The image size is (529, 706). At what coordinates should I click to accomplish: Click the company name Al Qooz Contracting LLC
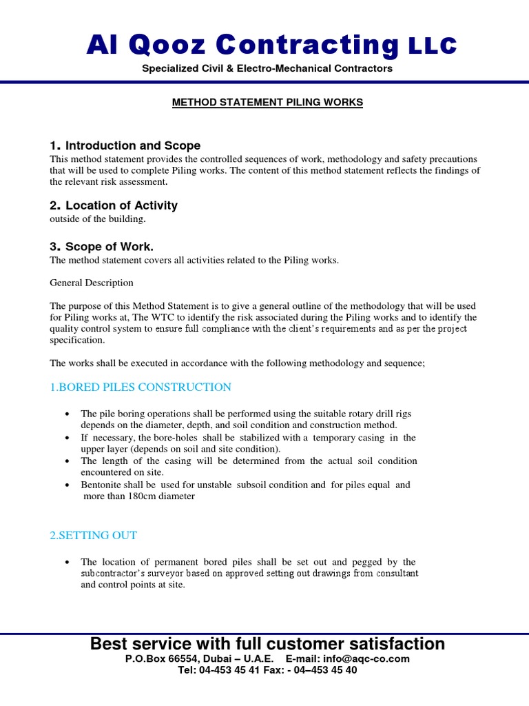(x=271, y=46)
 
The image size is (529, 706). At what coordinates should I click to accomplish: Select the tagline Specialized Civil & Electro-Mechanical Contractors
(x=267, y=69)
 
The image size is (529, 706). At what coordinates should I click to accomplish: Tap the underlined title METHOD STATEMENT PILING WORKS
(x=267, y=103)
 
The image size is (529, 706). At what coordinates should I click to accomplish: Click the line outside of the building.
(x=98, y=219)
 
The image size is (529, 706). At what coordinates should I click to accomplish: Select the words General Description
(x=92, y=283)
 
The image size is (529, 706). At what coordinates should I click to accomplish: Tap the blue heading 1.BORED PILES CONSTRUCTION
(x=141, y=387)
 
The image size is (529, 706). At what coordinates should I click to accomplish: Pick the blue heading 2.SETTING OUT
(x=94, y=535)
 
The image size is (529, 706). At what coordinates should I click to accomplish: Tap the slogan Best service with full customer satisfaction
(x=267, y=644)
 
